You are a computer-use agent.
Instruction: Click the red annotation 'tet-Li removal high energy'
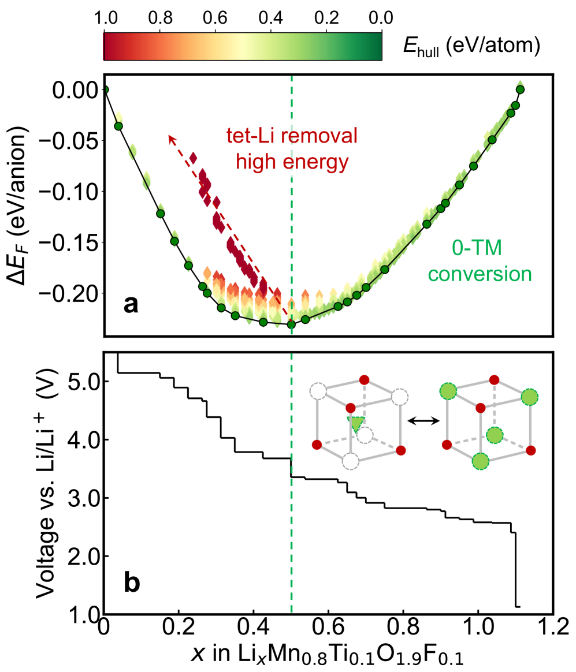291,149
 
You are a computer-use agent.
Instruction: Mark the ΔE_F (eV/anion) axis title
17,205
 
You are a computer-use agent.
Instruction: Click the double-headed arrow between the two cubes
421,421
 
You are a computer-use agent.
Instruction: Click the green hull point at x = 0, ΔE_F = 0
105,89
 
